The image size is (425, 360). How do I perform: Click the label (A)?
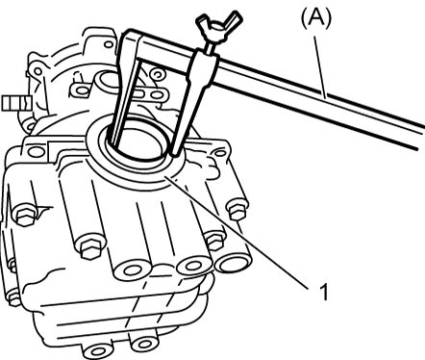[x=316, y=19]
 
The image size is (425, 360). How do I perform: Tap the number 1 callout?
[x=324, y=292]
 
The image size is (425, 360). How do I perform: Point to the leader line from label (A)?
[x=320, y=66]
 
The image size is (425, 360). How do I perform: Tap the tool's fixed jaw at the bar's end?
[x=127, y=87]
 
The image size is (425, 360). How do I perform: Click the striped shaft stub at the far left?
[x=16, y=103]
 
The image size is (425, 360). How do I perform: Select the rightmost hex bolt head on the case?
[x=237, y=209]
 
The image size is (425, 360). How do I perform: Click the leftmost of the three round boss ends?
[x=133, y=270]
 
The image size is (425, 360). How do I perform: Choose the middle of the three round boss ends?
[x=193, y=266]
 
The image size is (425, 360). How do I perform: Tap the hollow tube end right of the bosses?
[x=233, y=263]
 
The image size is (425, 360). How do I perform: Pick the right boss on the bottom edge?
[x=143, y=344]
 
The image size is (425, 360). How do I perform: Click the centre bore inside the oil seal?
[x=141, y=141]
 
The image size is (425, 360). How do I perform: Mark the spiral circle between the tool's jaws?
[x=157, y=74]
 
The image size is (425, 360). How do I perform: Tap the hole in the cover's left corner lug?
[x=37, y=151]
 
